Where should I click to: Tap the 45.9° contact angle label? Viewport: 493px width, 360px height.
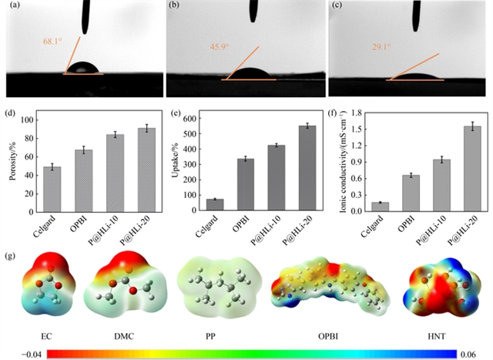(220, 46)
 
